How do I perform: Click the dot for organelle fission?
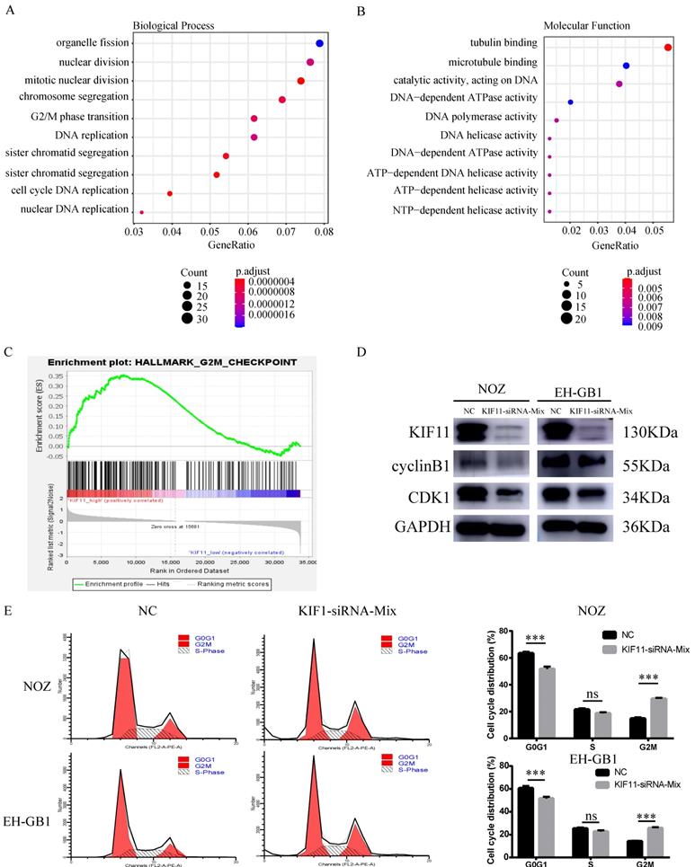pos(320,43)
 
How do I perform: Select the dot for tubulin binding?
pos(668,47)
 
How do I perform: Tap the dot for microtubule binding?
pos(626,66)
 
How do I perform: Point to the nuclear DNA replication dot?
pos(141,212)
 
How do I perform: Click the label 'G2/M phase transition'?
pos(80,118)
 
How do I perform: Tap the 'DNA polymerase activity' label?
pos(480,118)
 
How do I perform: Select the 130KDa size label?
pos(648,431)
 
